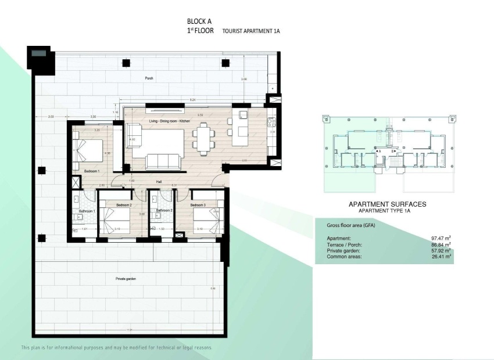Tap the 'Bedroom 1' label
click(92, 171)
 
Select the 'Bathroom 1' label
click(87, 211)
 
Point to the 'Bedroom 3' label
click(198, 205)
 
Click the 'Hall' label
click(158, 182)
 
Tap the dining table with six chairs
click(204, 140)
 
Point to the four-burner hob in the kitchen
click(271, 122)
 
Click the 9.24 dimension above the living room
click(192, 100)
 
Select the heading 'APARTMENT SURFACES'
click(387, 204)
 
